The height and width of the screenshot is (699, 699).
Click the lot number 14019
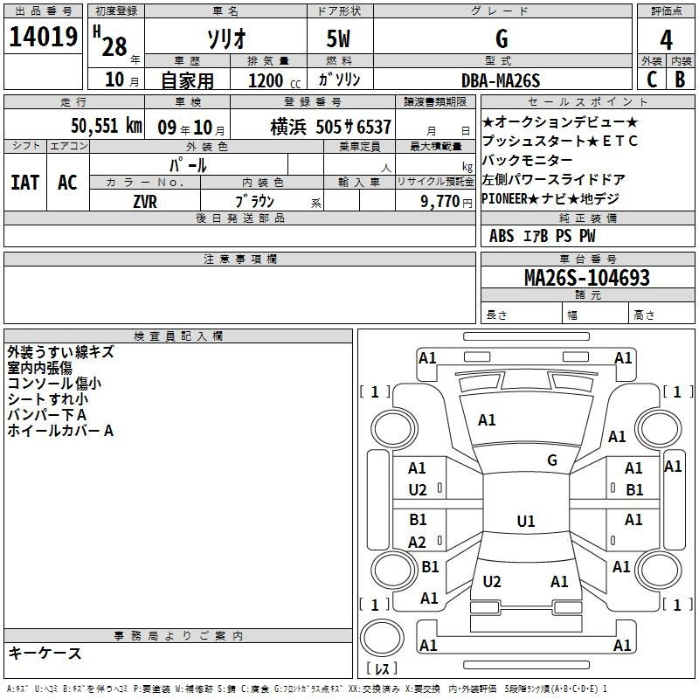click(43, 37)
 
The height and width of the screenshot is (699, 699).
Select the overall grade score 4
click(666, 40)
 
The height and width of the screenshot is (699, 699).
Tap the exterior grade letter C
click(652, 80)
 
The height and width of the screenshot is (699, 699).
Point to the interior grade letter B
click(680, 80)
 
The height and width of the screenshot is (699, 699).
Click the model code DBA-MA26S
click(501, 80)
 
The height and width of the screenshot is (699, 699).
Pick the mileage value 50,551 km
click(107, 126)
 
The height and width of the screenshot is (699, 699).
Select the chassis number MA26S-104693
click(587, 278)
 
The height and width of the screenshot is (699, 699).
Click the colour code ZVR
click(145, 202)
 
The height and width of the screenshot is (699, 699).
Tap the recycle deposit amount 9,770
click(440, 202)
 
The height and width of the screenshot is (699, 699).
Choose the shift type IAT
click(25, 183)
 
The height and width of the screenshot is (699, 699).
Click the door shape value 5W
click(338, 38)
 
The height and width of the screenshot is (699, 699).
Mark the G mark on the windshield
click(552, 460)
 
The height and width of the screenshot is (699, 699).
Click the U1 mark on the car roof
click(526, 521)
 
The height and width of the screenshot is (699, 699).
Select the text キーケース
click(45, 653)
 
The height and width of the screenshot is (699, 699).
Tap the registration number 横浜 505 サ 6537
click(331, 127)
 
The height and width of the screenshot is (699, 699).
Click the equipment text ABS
click(502, 236)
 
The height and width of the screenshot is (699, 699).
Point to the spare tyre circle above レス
click(382, 638)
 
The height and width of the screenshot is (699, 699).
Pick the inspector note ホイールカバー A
click(60, 431)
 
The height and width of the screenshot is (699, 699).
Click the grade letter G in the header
click(502, 39)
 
